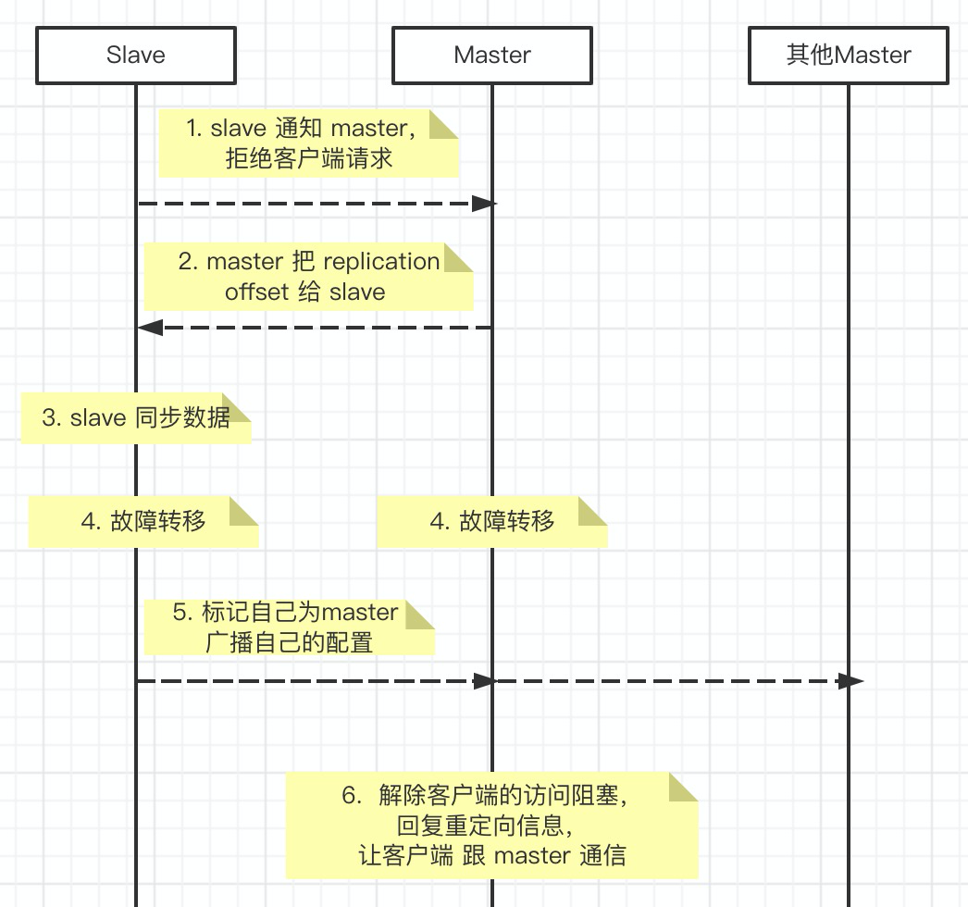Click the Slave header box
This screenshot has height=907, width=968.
136,56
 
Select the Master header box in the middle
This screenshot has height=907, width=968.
492,56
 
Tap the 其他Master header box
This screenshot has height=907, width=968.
849,56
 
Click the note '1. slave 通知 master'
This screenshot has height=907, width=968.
308,143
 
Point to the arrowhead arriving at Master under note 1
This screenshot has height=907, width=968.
485,204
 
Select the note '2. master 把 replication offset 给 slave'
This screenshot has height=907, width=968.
308,277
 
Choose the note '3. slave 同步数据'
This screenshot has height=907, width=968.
136,418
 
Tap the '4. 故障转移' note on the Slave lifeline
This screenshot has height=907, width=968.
143,521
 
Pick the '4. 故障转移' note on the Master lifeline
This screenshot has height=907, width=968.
491,521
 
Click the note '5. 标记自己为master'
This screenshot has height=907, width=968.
289,627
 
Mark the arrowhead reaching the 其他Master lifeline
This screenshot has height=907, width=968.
850,681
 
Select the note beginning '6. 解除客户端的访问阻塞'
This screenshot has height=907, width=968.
490,825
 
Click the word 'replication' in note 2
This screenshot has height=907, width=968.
381,262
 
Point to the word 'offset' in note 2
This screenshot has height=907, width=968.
256,292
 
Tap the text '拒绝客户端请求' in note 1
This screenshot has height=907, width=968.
308,158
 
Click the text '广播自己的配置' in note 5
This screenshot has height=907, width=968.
289,641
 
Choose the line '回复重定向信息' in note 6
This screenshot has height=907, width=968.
491,825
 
